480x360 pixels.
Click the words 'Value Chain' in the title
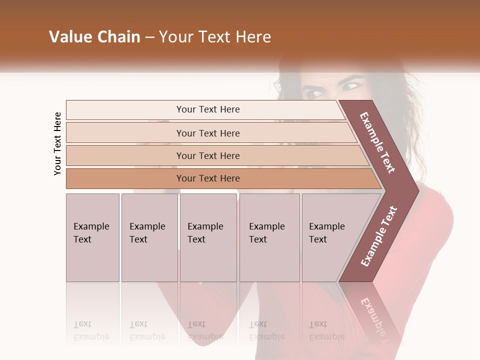94,37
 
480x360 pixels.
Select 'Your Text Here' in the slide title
215,37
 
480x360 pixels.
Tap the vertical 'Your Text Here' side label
57,143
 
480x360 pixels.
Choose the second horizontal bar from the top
208,133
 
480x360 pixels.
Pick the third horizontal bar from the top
208,155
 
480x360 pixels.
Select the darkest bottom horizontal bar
208,178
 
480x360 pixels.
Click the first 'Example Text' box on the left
92,237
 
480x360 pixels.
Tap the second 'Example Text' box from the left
149,237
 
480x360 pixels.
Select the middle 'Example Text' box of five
208,237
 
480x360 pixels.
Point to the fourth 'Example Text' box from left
269,237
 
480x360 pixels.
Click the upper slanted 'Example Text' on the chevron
377,142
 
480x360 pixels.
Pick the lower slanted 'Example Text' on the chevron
379,236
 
